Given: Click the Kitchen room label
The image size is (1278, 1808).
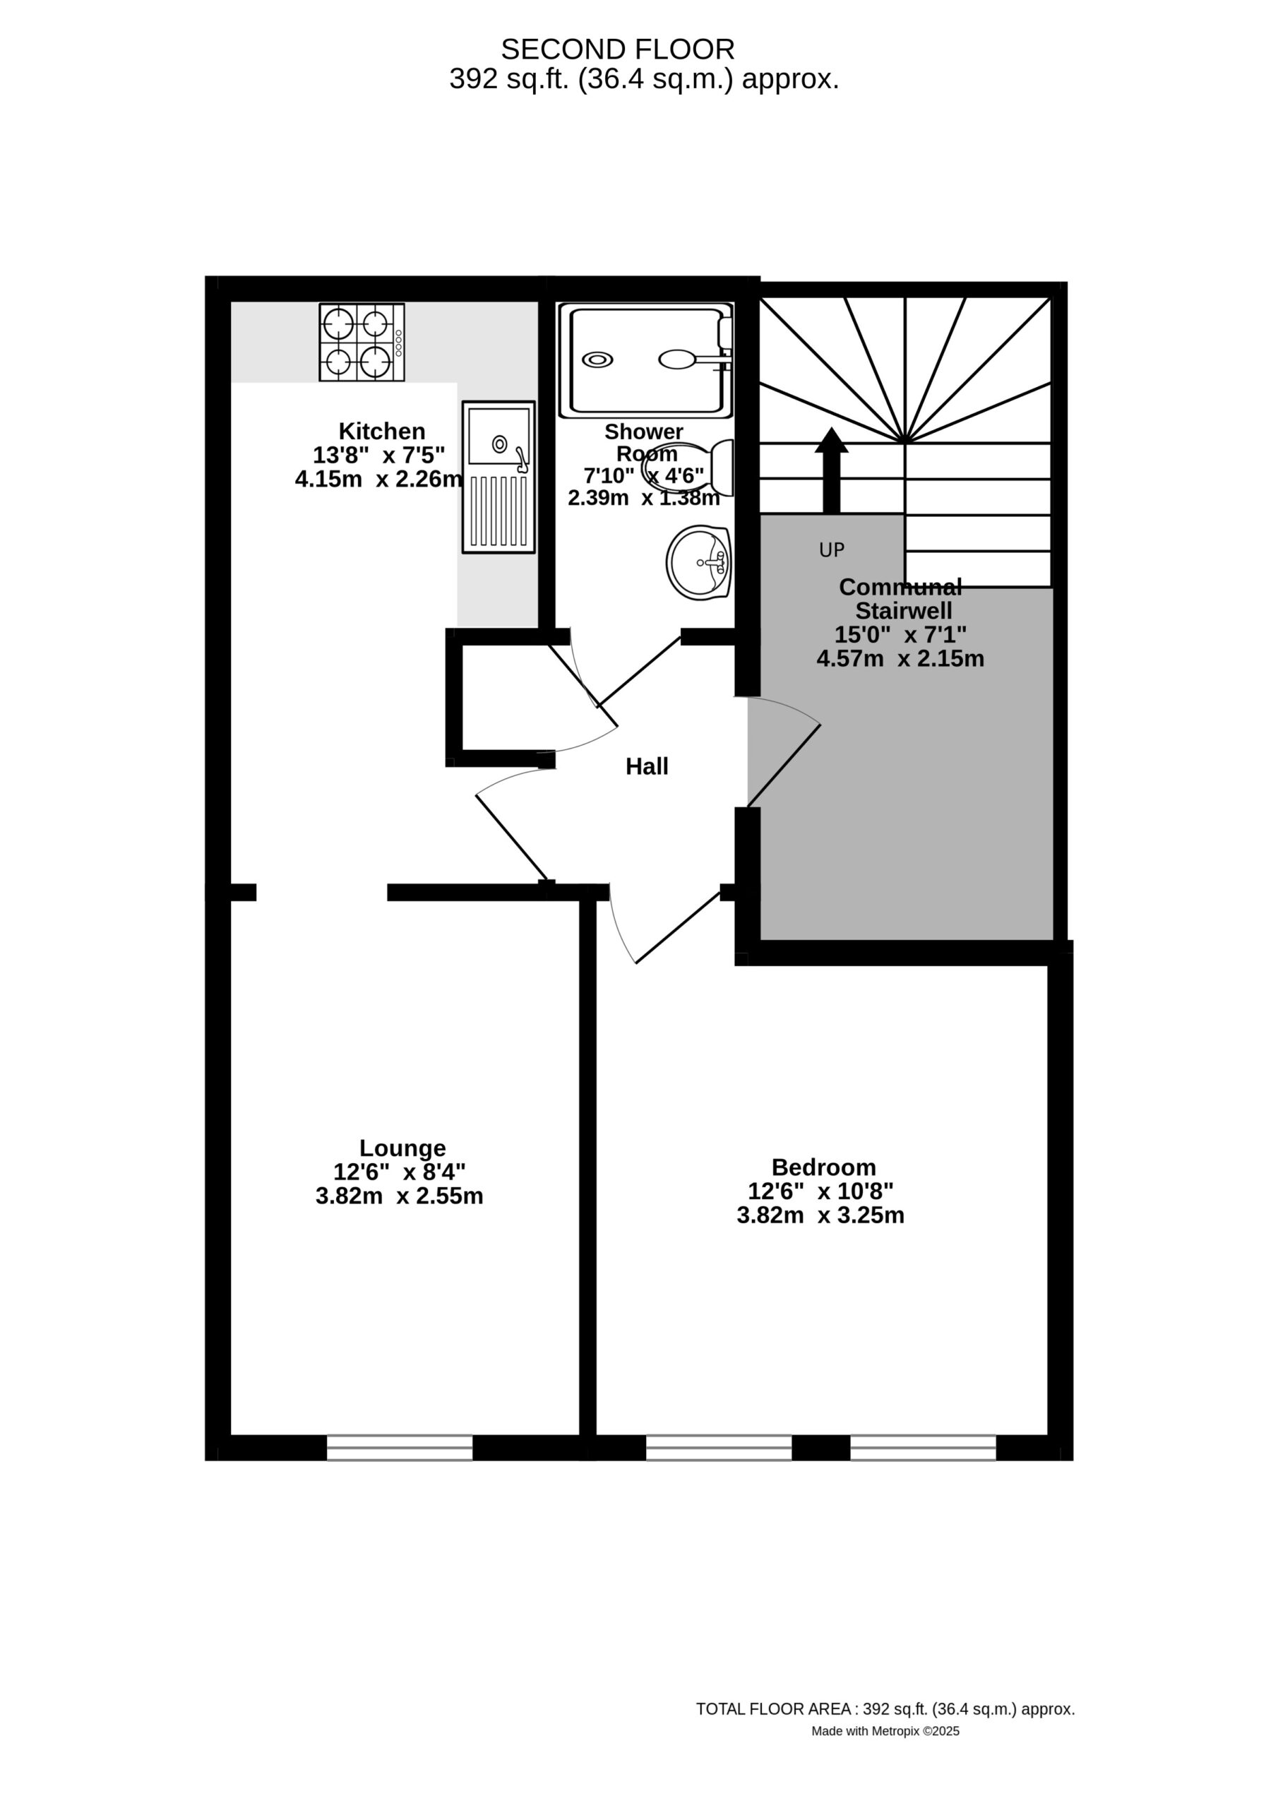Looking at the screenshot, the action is point(382,431).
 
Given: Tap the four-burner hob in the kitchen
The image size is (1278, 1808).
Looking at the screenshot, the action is point(362,343).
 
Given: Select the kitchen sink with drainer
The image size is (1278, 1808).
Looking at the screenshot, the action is point(498,477).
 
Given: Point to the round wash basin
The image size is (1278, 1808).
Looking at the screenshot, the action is point(699,562).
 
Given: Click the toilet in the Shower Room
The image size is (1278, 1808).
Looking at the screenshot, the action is point(688,468).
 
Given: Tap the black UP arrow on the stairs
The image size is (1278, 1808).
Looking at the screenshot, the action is point(832,471).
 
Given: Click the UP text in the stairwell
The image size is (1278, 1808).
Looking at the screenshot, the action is point(832,550).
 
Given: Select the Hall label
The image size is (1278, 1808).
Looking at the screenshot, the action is point(647,766).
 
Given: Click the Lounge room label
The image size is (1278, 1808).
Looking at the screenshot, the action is point(402,1148).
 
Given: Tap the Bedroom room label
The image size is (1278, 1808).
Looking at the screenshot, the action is point(824,1167).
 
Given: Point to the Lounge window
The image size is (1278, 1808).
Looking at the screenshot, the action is point(400,1448).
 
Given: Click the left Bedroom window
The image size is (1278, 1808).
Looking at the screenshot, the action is point(719,1448).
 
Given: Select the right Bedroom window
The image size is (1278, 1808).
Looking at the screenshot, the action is point(923,1448).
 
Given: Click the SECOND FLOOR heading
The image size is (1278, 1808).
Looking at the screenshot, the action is point(618,49).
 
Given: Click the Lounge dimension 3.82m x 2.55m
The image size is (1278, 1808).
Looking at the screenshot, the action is point(399,1196).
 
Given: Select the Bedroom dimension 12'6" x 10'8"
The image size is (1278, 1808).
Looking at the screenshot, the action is point(820,1191).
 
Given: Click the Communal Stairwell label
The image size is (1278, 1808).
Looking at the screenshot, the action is point(901,598).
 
